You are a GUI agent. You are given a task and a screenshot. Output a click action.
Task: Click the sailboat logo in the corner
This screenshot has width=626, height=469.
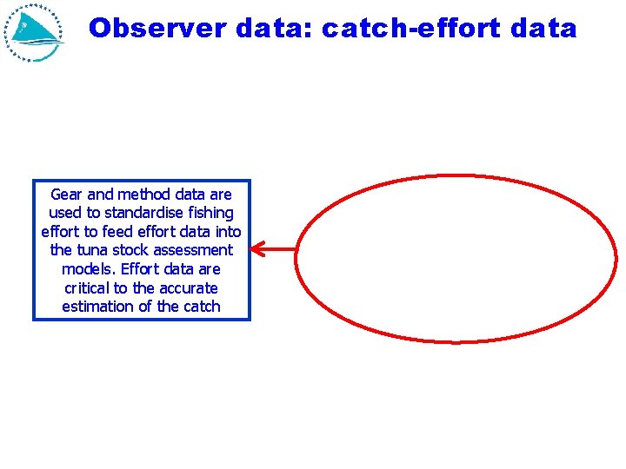[36, 32]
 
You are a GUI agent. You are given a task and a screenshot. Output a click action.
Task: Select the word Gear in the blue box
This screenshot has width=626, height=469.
[68, 195]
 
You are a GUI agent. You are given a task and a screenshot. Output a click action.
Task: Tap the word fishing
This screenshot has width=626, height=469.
[210, 213]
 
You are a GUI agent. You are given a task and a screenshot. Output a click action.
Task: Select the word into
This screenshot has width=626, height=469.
[227, 232]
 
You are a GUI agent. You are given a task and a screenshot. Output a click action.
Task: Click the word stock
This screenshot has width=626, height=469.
[130, 250]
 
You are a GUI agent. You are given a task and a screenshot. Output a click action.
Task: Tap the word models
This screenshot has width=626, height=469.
[86, 269]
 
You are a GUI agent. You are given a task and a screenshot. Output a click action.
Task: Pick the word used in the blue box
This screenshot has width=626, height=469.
[64, 213]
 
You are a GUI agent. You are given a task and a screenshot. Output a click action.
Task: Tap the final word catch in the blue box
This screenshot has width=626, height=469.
[201, 307]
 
